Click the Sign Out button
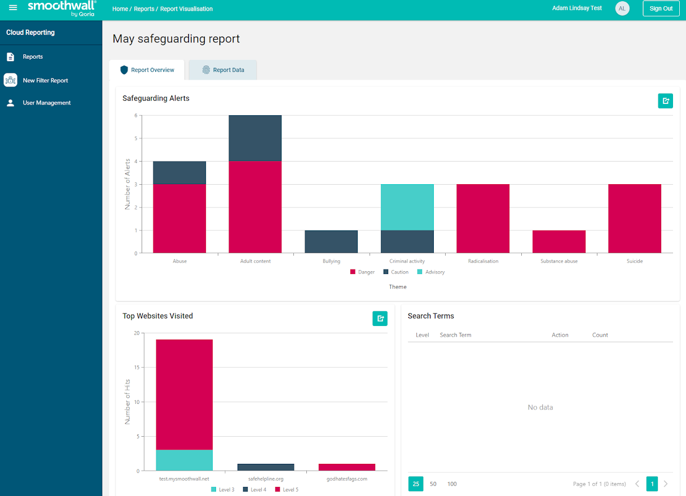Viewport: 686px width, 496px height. [x=661, y=8]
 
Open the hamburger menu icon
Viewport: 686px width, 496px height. [x=13, y=8]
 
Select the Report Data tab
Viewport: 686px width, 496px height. [x=223, y=70]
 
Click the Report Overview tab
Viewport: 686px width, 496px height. [x=147, y=70]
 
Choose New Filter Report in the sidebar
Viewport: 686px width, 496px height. [x=45, y=80]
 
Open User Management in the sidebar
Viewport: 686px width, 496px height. [x=46, y=103]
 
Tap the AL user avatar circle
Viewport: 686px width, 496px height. [x=622, y=8]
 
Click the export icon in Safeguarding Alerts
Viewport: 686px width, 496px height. [x=665, y=101]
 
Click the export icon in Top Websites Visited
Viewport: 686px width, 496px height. [x=380, y=319]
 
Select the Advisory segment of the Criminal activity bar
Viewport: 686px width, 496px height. [x=407, y=207]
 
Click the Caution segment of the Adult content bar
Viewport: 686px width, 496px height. [x=255, y=138]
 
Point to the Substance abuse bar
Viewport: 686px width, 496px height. [x=559, y=241]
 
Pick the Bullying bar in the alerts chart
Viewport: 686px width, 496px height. [x=331, y=241]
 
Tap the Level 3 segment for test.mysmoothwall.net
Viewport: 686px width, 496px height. [x=184, y=460]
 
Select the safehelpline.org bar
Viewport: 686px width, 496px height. [x=265, y=467]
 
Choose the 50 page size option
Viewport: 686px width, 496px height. [x=433, y=484]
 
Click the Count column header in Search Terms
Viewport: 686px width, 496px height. [x=600, y=335]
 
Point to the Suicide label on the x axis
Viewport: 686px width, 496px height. [x=634, y=262]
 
